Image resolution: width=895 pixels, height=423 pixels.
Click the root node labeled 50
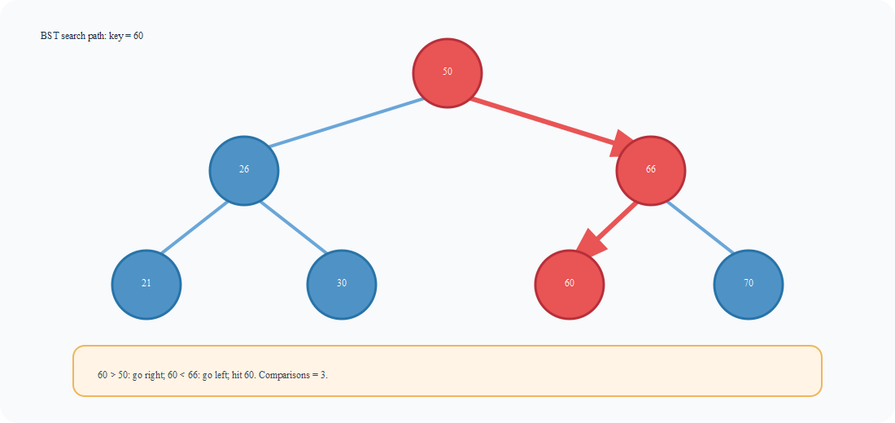pyautogui.click(x=447, y=72)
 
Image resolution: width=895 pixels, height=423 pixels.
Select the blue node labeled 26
pyautogui.click(x=244, y=170)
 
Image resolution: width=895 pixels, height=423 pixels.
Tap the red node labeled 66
pyautogui.click(x=650, y=170)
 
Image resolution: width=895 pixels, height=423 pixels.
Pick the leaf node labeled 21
pyautogui.click(x=146, y=284)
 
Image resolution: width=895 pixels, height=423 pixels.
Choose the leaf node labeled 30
pyautogui.click(x=342, y=284)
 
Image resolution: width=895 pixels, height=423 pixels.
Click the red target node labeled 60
pyautogui.click(x=569, y=284)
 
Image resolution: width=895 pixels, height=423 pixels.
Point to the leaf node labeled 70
pyautogui.click(x=749, y=284)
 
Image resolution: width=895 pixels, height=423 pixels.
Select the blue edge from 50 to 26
pyautogui.click(x=346, y=123)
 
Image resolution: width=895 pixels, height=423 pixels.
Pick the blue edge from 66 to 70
pyautogui.click(x=699, y=227)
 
